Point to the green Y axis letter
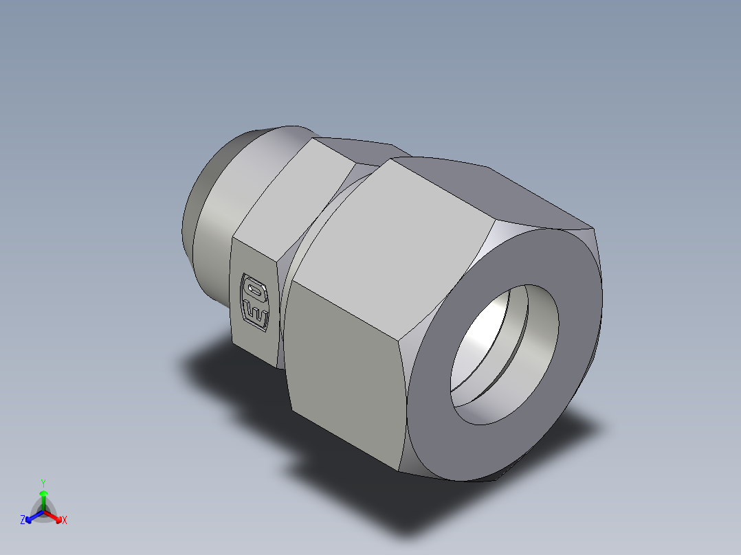tap(43, 482)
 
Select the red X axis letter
tap(65, 521)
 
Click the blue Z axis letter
tap(23, 521)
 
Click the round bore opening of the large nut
tap(505, 354)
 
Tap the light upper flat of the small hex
tap(292, 199)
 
